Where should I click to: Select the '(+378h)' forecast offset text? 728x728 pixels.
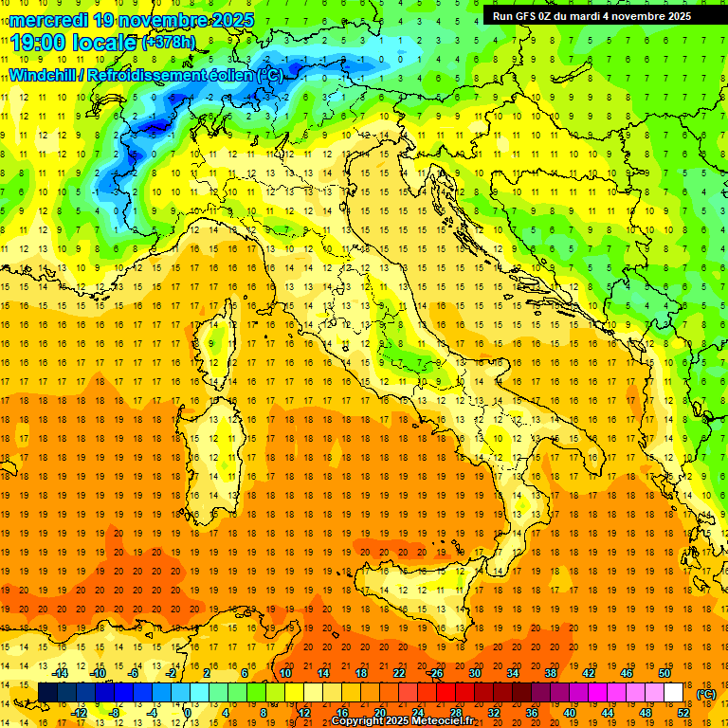[x=169, y=43]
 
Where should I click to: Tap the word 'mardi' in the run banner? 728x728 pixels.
[x=595, y=16]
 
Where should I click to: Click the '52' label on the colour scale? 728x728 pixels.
[x=682, y=713]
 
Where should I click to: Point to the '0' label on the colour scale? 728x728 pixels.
[x=188, y=713]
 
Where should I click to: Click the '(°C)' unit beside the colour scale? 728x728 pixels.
[x=706, y=693]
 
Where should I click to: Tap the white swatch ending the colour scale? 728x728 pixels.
[x=673, y=693]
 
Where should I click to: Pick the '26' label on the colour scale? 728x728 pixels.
[x=436, y=672]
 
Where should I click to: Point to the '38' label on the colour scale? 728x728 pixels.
[x=550, y=672]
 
